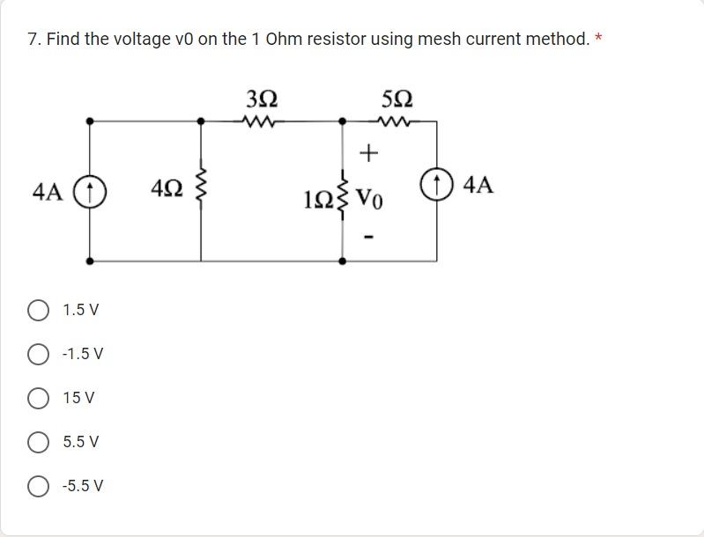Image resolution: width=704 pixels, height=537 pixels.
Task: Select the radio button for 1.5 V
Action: pyautogui.click(x=38, y=310)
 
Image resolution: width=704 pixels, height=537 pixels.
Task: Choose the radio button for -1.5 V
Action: pyautogui.click(x=38, y=354)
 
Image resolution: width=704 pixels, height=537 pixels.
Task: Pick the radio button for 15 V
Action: pyautogui.click(x=38, y=398)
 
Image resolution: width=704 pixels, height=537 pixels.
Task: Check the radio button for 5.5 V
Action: pyautogui.click(x=38, y=442)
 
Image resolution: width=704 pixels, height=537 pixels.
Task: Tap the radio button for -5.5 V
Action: pyautogui.click(x=38, y=486)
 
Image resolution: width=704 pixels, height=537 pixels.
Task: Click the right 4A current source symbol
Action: pyautogui.click(x=436, y=187)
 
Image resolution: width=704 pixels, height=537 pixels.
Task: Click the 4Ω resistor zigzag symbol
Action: pyautogui.click(x=201, y=188)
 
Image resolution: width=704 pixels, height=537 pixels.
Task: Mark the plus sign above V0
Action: pyautogui.click(x=368, y=154)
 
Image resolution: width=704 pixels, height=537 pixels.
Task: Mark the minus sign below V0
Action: pyautogui.click(x=368, y=236)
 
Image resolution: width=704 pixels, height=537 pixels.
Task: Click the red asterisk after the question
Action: pyautogui.click(x=599, y=39)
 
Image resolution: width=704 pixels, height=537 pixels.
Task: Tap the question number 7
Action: pyautogui.click(x=33, y=40)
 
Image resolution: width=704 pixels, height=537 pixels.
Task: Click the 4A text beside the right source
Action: pyautogui.click(x=478, y=186)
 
